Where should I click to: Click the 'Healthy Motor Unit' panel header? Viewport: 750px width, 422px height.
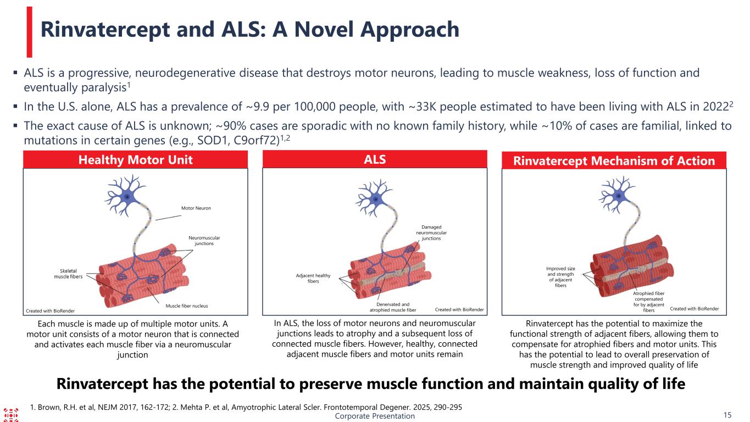[135, 159]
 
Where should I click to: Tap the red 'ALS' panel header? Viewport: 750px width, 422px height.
[375, 159]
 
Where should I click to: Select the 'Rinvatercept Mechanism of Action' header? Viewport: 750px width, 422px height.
[614, 160]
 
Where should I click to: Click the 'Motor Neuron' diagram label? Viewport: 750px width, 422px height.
[196, 208]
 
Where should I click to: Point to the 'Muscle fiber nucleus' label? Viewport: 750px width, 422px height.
[187, 306]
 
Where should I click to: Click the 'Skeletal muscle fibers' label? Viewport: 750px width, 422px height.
[68, 274]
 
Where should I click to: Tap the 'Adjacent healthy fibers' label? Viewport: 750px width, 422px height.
[313, 279]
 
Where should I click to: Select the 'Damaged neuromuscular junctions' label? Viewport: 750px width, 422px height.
[431, 233]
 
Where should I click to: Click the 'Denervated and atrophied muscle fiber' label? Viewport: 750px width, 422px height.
[393, 307]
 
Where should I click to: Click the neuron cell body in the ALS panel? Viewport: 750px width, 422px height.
[376, 199]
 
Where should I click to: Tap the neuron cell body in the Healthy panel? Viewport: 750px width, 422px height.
[127, 197]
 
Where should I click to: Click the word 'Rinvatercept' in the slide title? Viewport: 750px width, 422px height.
[105, 30]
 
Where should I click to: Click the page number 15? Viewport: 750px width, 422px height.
[727, 415]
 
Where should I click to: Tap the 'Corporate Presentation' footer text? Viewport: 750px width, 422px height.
[375, 416]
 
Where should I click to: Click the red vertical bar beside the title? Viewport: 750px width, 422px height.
[30, 32]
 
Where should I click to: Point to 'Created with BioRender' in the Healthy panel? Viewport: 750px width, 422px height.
[50, 311]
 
